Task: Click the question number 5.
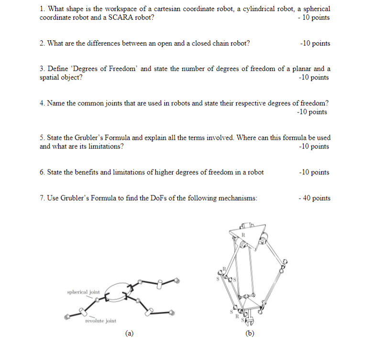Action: [42, 138]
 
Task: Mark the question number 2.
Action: [42, 44]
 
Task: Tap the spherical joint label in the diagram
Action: [83, 291]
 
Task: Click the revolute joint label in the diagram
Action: [100, 321]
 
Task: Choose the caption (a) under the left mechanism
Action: [128, 334]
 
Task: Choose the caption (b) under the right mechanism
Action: [249, 334]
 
